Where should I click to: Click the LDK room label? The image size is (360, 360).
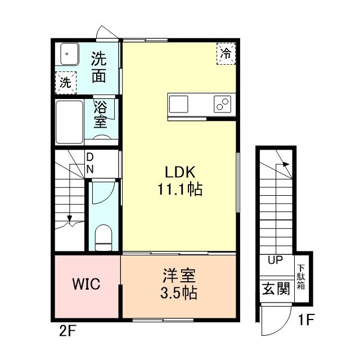tap(180, 172)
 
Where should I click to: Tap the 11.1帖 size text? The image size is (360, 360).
tap(180, 189)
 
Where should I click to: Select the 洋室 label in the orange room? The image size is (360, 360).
tap(179, 276)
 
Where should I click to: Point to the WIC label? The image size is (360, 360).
tap(86, 283)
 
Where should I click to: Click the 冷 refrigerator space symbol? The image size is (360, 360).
tap(226, 53)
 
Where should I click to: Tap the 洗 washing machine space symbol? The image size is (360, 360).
tap(65, 83)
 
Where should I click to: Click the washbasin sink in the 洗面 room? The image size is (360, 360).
tap(69, 54)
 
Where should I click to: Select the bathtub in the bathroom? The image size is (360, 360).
tap(69, 122)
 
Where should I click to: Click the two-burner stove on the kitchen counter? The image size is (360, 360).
tap(222, 104)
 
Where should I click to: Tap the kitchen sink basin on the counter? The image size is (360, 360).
tap(179, 104)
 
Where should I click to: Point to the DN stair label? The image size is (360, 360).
tap(90, 163)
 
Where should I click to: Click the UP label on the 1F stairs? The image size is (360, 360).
tap(275, 260)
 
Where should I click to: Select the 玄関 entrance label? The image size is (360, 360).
tap(276, 289)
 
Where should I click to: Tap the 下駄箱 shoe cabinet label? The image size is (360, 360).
tap(301, 277)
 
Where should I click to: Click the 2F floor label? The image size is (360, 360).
tap(67, 331)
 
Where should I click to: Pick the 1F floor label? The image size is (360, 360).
tap(305, 319)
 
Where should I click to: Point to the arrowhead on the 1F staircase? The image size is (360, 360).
tap(286, 164)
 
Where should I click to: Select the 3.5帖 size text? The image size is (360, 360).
tap(179, 293)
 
